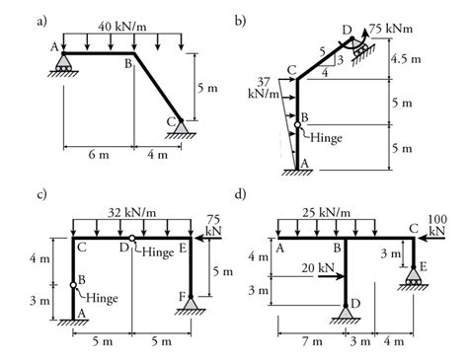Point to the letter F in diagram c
pyautogui.click(x=181, y=296)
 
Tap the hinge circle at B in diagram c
pyautogui.click(x=73, y=285)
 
